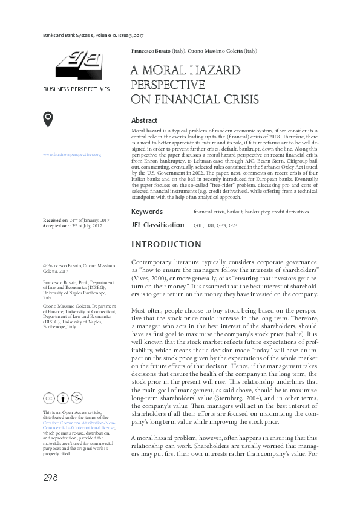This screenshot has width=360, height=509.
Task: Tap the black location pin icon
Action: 48,120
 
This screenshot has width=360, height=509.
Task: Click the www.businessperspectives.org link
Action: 71,155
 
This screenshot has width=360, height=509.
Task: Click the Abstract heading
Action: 144,120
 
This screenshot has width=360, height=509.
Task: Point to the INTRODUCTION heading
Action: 166,244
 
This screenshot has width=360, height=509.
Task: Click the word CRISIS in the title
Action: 239,99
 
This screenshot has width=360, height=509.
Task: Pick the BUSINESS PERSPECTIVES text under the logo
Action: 76,89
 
